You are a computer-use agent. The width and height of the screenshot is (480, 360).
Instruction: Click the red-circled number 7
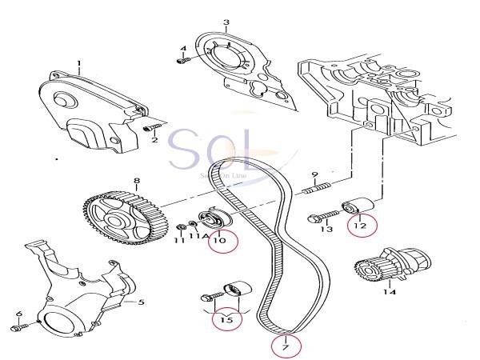282,346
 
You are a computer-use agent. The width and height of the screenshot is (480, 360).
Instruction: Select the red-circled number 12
359,227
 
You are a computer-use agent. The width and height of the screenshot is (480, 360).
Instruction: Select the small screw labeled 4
183,58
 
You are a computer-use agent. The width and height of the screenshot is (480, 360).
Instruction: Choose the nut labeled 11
181,229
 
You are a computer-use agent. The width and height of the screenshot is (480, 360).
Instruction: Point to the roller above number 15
235,288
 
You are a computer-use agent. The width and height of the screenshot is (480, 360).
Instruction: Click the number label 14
389,292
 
